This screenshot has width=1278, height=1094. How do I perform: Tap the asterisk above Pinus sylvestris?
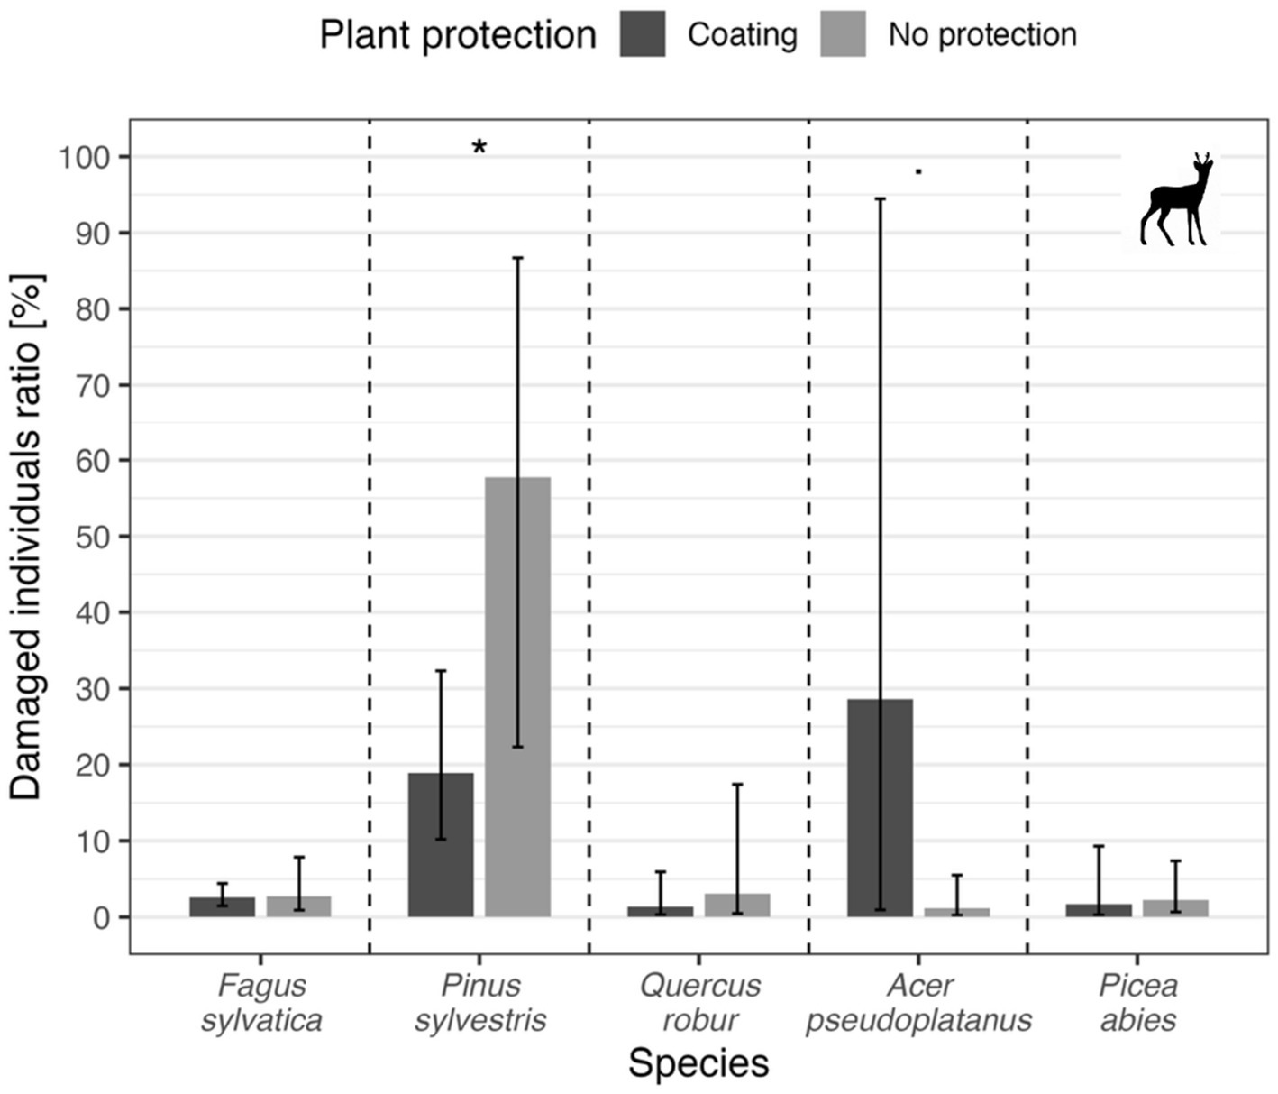click(479, 148)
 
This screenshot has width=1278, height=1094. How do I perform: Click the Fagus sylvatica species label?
click(261, 1003)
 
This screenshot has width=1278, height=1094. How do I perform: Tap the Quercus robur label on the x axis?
click(699, 1003)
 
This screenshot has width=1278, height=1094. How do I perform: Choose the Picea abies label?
click(1137, 1003)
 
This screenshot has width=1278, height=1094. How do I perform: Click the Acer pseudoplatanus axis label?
click(918, 1003)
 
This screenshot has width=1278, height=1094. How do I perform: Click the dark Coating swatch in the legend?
click(643, 35)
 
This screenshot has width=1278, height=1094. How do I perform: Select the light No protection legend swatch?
click(843, 35)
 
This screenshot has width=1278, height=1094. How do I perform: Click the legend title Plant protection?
click(458, 35)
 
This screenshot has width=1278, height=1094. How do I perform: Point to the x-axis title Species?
click(698, 1063)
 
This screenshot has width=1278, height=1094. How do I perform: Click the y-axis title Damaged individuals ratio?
click(27, 537)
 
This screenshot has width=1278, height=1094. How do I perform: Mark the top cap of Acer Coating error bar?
click(880, 198)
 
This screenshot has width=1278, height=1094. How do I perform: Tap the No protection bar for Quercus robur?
click(737, 905)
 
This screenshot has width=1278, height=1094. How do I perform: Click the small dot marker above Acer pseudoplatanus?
click(918, 170)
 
